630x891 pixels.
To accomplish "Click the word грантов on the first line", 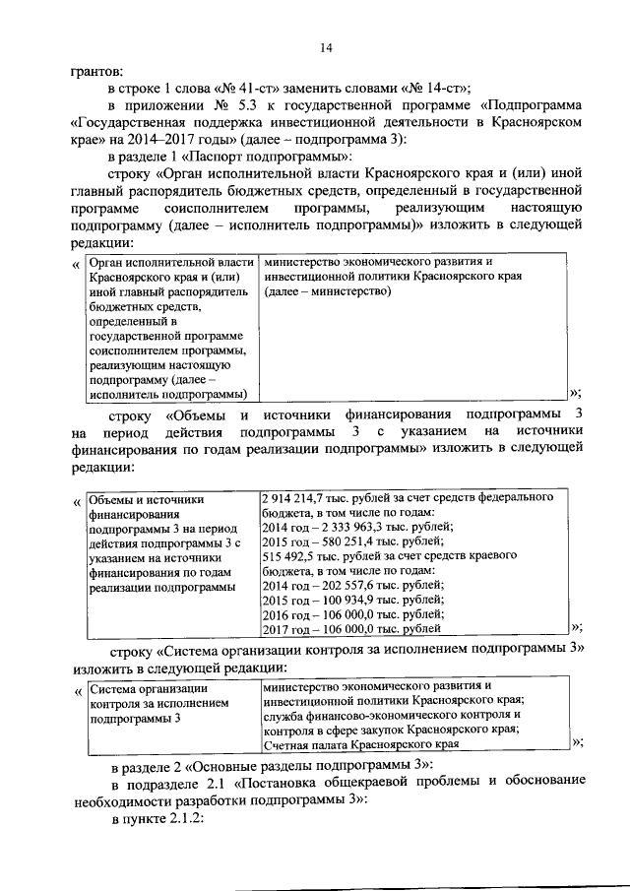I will coord(97,71).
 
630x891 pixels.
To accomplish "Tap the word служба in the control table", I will coord(285,716).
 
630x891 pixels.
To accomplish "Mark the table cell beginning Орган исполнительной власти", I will coord(167,327).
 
